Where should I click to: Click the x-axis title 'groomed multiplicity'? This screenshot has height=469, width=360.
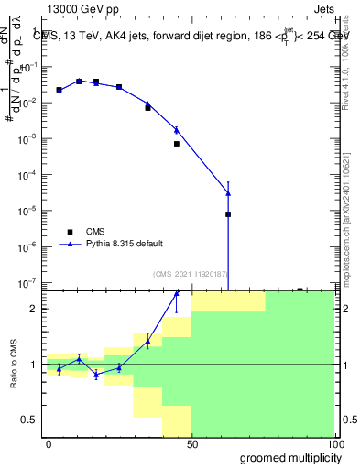(288, 457)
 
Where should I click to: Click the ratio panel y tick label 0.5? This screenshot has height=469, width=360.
(29, 420)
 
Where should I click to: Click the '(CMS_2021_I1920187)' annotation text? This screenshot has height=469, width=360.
(190, 273)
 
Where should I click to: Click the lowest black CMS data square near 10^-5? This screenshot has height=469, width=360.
(228, 214)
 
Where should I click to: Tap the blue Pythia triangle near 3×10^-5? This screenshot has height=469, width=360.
(228, 193)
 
